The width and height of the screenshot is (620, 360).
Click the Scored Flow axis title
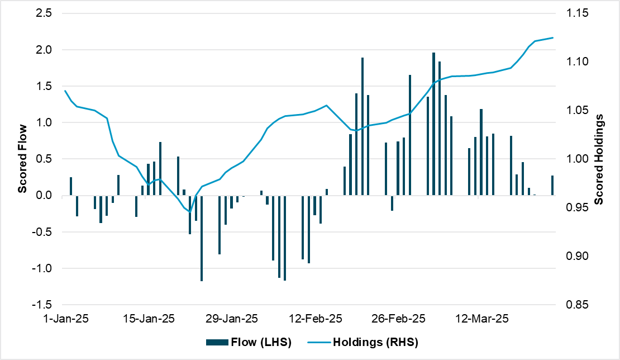coord(23,159)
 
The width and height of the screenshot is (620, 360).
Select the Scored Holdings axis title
coord(599,159)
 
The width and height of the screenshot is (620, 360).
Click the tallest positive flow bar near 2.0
coord(433,124)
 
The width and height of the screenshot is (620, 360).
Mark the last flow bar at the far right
coord(552,186)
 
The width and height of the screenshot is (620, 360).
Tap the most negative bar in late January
coord(202,238)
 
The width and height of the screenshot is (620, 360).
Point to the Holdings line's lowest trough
coord(189,212)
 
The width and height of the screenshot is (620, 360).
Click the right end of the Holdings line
coord(553,37)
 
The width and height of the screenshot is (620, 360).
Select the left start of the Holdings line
coord(65,91)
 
